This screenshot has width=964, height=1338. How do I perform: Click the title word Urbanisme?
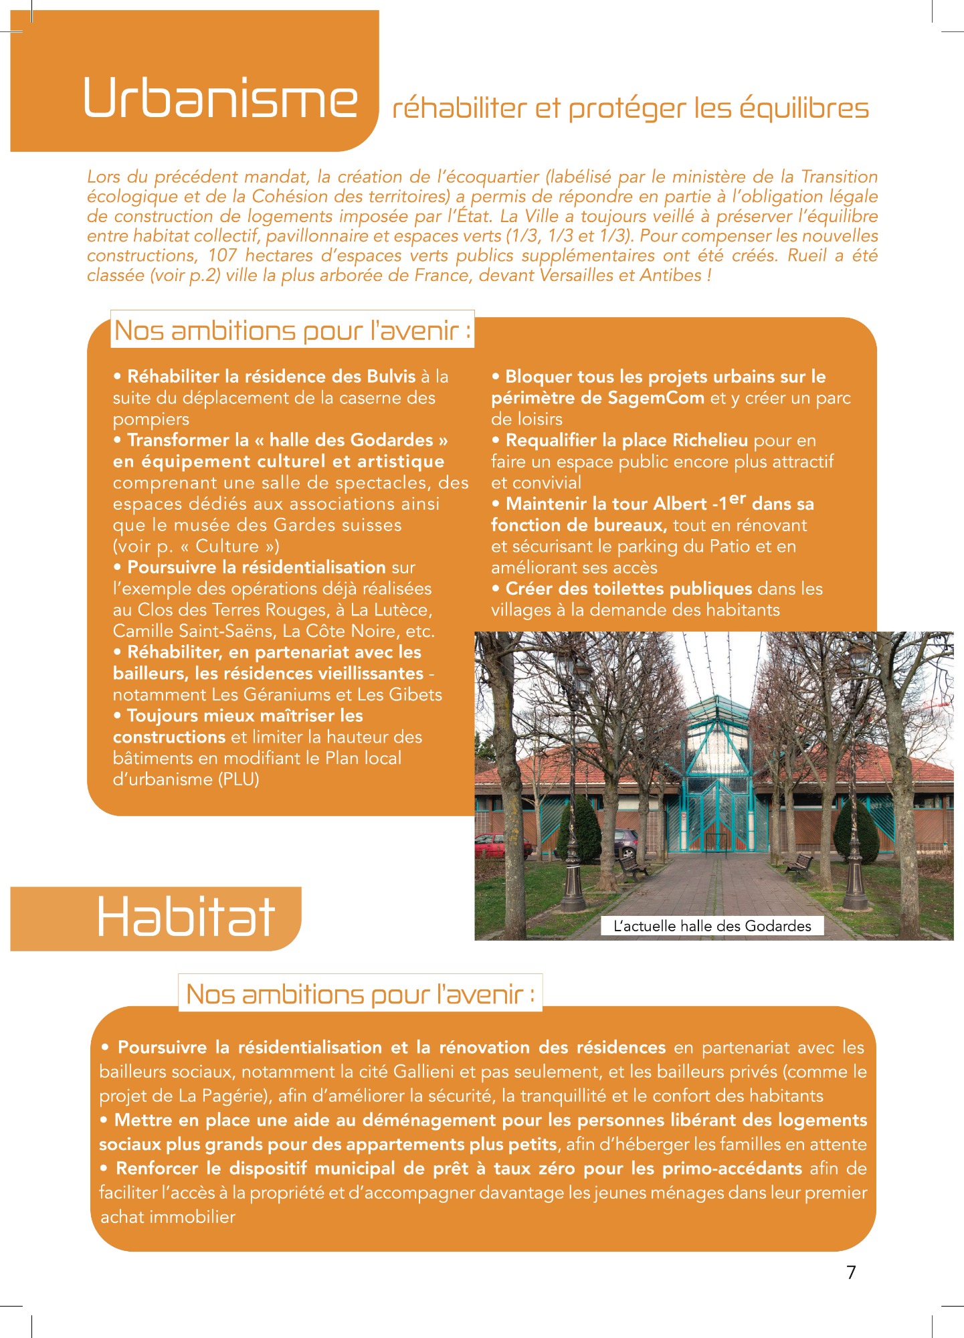(x=220, y=99)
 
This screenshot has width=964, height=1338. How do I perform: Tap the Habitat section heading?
(x=185, y=917)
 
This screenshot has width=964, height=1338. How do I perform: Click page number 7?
(x=851, y=1272)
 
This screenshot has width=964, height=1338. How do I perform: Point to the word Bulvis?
(x=391, y=377)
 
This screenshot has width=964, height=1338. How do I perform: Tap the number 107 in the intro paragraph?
(x=222, y=256)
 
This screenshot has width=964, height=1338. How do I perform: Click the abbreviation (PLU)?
(x=238, y=779)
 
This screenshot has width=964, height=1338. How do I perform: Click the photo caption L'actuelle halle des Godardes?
(x=712, y=926)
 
